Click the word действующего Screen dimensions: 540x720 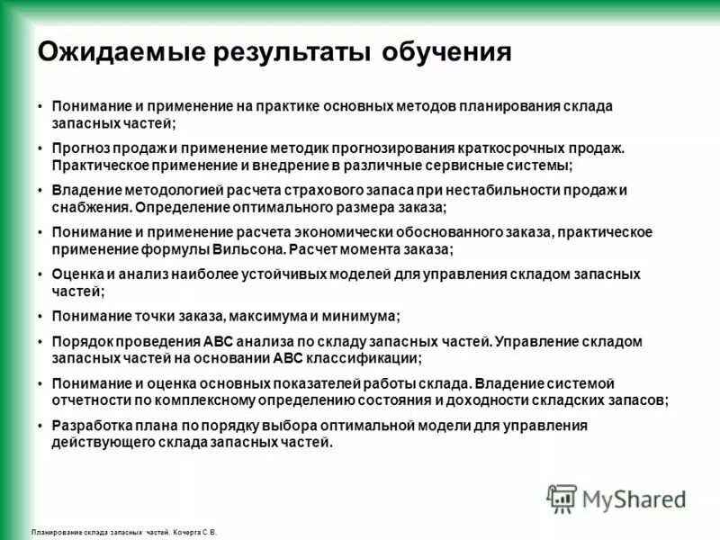point(102,441)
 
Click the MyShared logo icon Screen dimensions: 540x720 point(562,498)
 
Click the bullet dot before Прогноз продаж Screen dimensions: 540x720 point(40,148)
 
